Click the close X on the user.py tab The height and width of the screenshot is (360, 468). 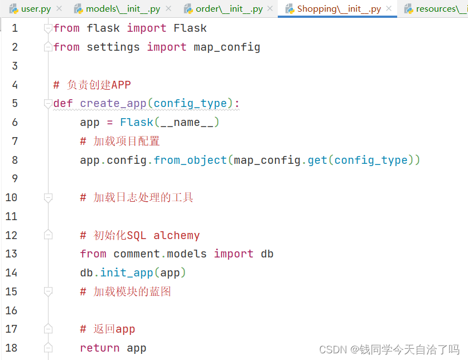(x=60, y=9)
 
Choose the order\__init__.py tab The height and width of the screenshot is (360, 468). (x=229, y=9)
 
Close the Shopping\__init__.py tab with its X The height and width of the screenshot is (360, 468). (x=389, y=9)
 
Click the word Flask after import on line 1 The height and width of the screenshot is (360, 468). (x=190, y=28)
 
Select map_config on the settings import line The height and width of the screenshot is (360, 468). (x=226, y=47)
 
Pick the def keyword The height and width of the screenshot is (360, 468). (x=63, y=104)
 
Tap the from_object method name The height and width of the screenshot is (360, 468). (x=190, y=160)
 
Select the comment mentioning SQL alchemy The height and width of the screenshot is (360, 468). (x=139, y=236)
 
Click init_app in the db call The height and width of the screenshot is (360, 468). (x=127, y=273)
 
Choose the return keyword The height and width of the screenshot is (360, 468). (x=100, y=348)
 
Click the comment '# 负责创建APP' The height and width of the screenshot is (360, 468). (x=92, y=85)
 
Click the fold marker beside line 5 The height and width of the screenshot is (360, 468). (x=48, y=104)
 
